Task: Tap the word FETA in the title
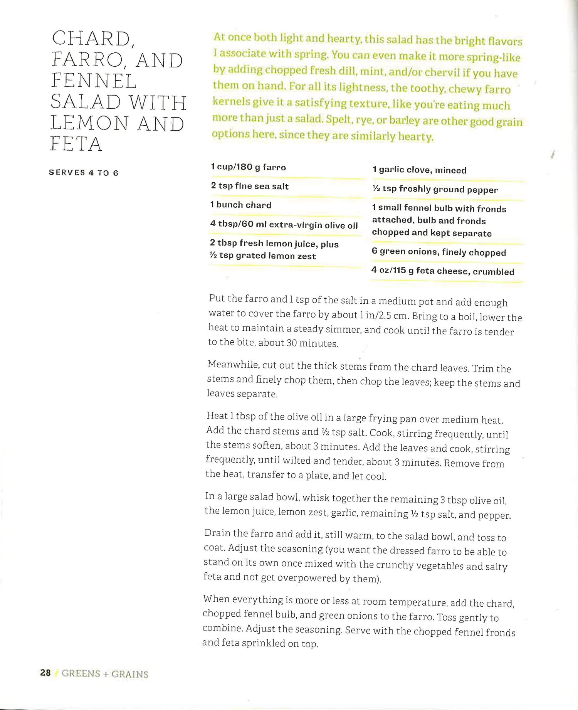76,144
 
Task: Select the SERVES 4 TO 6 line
84,173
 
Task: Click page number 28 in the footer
45,673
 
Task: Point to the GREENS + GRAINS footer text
105,674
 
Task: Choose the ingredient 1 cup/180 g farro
248,167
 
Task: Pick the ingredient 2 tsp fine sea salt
249,186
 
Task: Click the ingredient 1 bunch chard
241,205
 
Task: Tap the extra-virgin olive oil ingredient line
284,224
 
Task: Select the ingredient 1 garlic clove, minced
419,170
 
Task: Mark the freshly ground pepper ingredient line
435,189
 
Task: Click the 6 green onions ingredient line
439,252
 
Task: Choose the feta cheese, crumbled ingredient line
442,271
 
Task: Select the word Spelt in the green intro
339,120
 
